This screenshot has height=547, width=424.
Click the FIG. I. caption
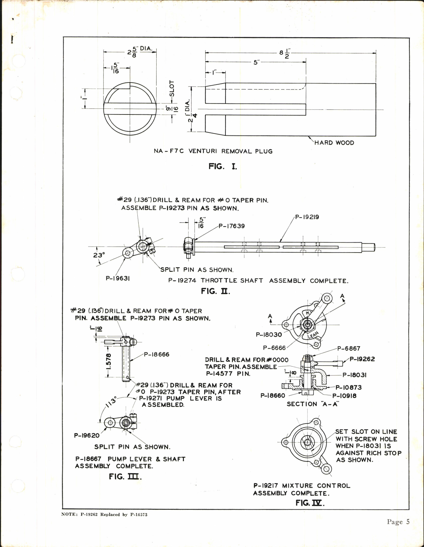[x=223, y=166]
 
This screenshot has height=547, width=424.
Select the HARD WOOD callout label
[x=334, y=143]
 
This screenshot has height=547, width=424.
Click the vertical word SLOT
[x=172, y=89]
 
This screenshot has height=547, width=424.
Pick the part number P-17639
[x=231, y=226]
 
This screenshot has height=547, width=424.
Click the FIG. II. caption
[x=215, y=291]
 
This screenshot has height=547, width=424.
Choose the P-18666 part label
[x=156, y=354]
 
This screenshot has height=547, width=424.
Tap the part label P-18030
[x=269, y=335]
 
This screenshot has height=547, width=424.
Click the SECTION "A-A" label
[x=313, y=404]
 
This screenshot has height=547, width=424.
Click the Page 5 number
[x=398, y=522]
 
